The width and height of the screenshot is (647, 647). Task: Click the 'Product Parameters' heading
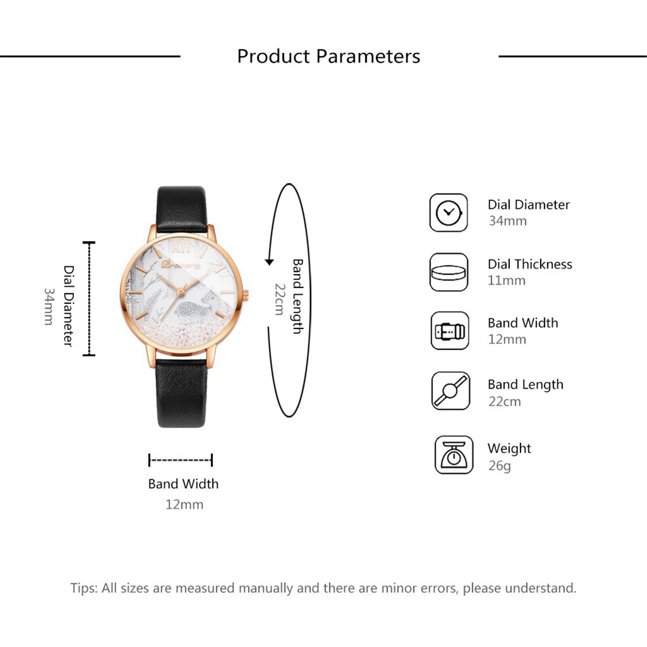pos(328,56)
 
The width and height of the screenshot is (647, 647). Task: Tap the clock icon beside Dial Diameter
pos(448,213)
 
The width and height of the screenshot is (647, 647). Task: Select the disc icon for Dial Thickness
pos(448,272)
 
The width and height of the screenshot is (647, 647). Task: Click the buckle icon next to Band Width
pos(450,331)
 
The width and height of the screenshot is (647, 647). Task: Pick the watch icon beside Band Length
pos(450,391)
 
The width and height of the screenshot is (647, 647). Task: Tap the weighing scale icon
pos(454,455)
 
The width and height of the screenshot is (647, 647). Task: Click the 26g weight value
pos(499,466)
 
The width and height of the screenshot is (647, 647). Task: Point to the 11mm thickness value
pos(506,280)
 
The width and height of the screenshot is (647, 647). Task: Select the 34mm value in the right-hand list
pos(507,221)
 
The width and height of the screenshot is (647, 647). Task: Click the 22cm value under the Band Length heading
pos(505,402)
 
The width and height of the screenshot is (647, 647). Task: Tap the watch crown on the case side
pos(245,296)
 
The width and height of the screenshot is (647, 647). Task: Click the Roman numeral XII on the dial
pos(180,245)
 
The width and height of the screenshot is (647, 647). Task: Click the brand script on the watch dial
pos(181,265)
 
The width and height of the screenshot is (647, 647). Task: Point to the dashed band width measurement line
pos(181,460)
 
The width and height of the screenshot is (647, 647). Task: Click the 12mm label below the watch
pos(184,505)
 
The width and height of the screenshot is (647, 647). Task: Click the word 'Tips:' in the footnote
pos(84,588)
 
